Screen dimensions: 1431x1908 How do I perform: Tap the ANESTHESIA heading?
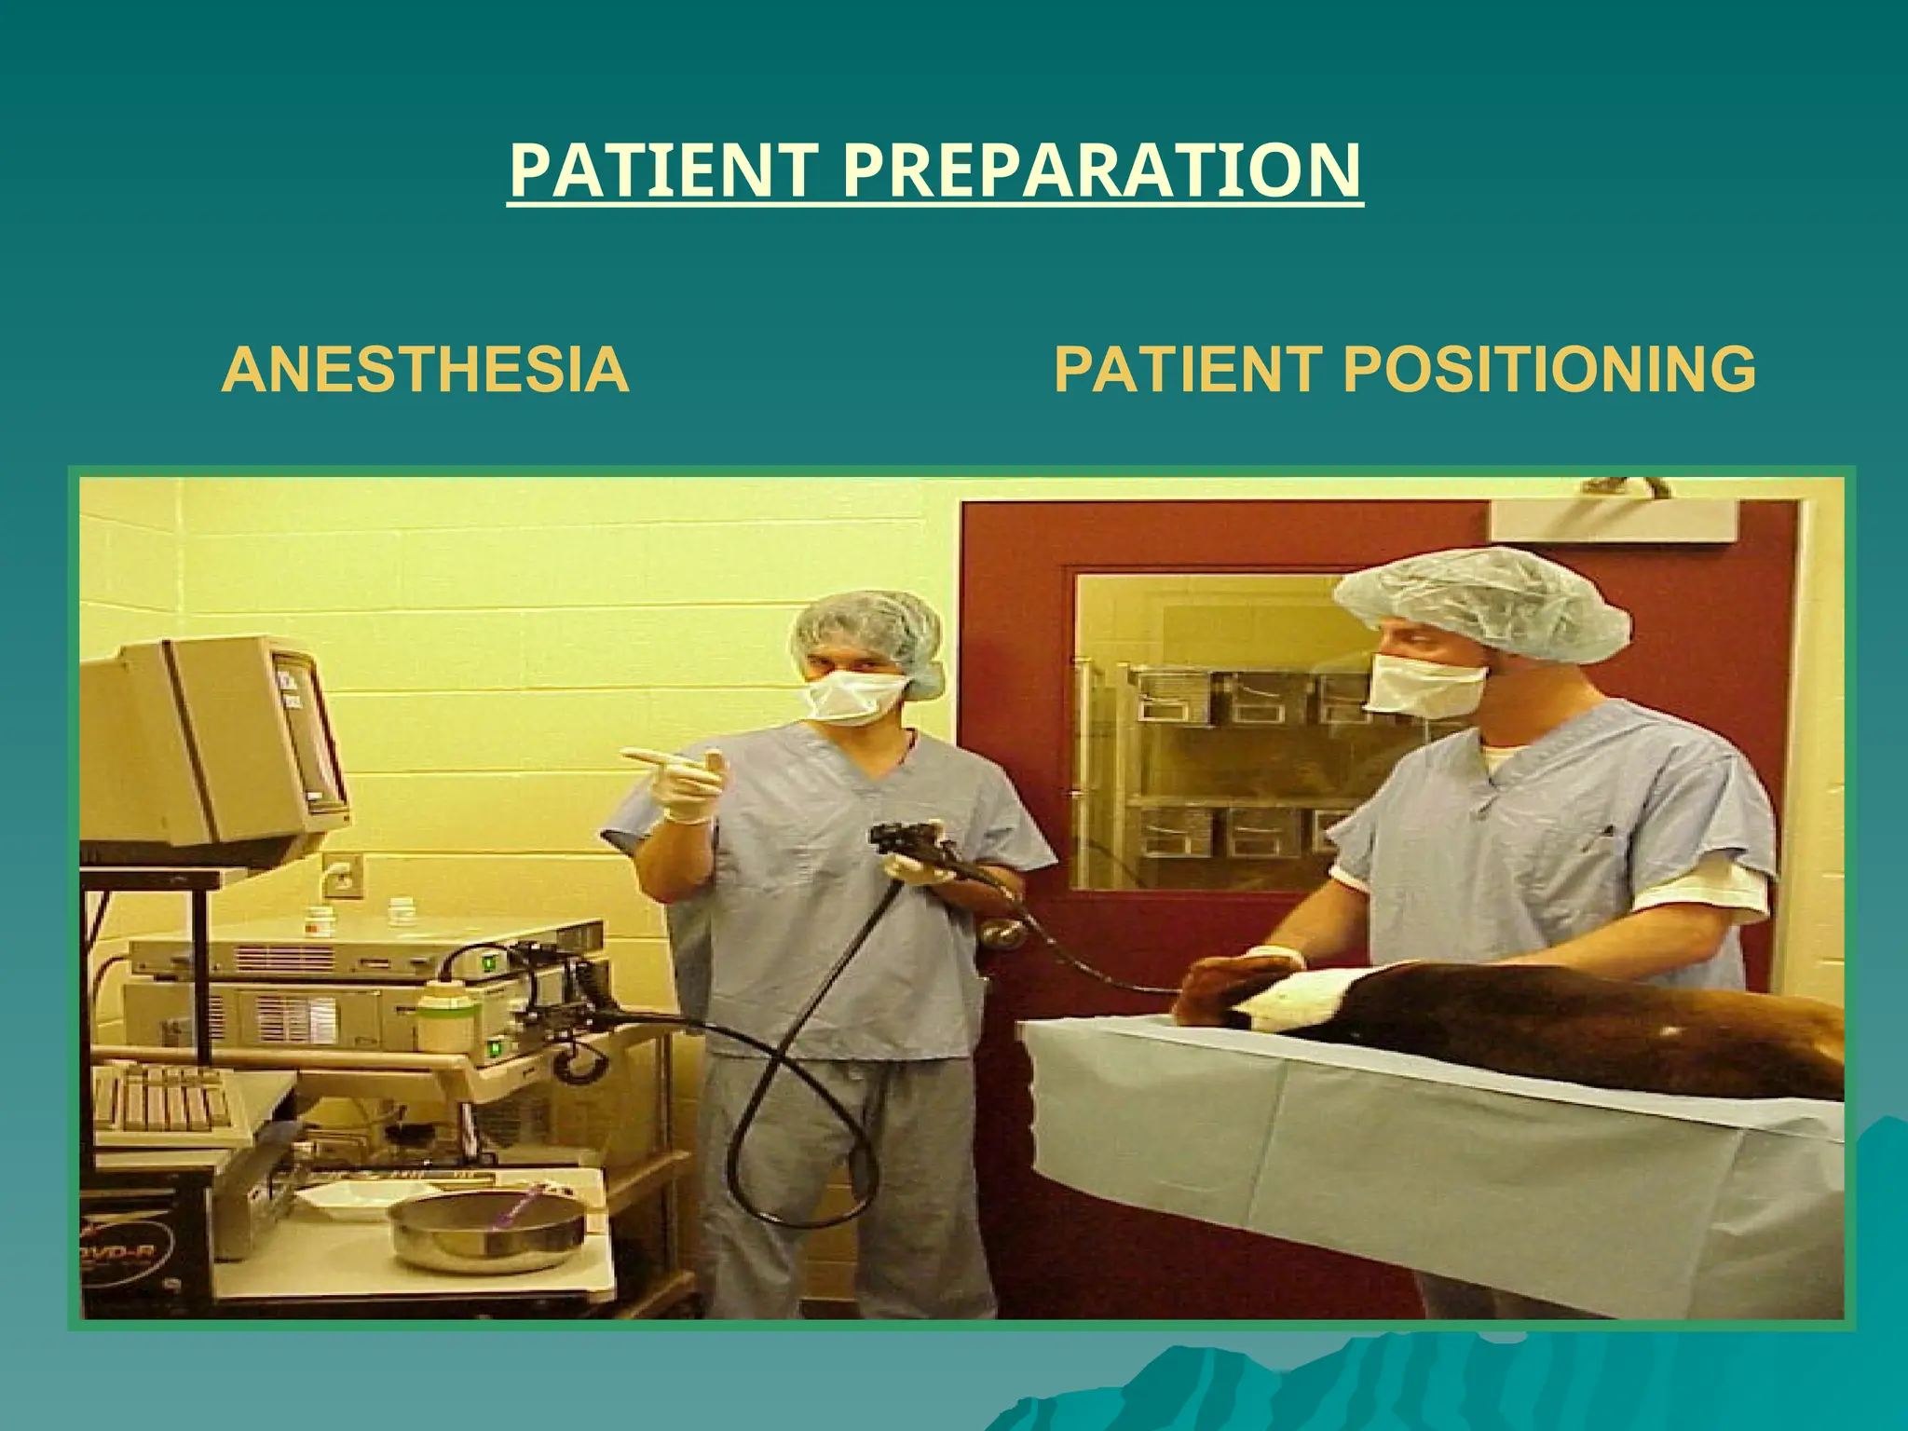[x=425, y=369]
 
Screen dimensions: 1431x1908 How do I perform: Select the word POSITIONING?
[x=1550, y=369]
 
